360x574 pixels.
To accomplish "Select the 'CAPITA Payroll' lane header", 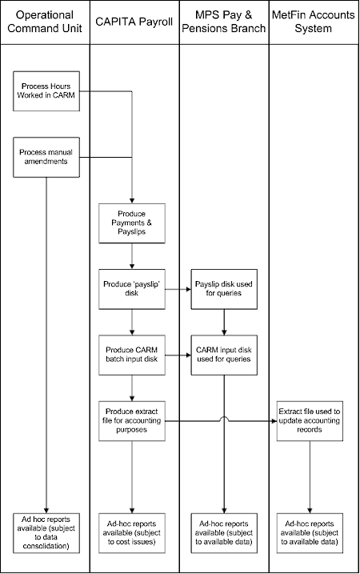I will (134, 16).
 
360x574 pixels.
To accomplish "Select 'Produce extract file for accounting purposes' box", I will (131, 419).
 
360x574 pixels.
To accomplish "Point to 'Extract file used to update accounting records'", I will (310, 419).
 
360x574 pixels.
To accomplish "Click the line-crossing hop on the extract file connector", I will (223, 418).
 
